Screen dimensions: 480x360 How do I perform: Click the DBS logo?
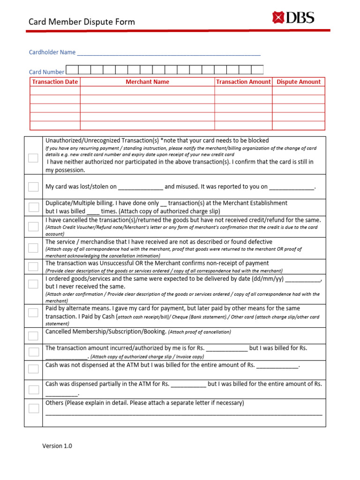click(293, 18)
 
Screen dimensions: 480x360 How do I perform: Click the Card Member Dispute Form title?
click(82, 22)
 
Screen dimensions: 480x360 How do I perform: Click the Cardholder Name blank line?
click(168, 53)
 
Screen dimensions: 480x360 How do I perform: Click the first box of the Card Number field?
click(72, 70)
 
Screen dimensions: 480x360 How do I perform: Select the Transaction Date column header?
click(55, 82)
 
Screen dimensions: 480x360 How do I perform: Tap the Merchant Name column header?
click(147, 82)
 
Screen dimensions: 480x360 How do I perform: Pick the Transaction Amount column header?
click(243, 82)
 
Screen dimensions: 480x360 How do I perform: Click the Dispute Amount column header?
click(299, 82)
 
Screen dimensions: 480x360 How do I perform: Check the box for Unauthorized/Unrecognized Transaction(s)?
click(33, 157)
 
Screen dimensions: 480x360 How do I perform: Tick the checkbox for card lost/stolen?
click(33, 187)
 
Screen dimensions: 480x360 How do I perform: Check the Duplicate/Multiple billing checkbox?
click(33, 207)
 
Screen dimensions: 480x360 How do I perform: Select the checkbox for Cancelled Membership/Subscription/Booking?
click(33, 336)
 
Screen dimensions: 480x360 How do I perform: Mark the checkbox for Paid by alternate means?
click(33, 313)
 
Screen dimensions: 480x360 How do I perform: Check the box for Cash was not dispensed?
click(33, 369)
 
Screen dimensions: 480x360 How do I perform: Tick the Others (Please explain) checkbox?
click(33, 408)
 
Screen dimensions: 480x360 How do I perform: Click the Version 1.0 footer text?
click(57, 446)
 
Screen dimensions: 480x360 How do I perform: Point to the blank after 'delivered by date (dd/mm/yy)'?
click(302, 279)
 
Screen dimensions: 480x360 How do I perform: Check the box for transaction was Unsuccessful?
click(33, 267)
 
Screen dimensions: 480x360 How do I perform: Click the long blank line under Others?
click(184, 414)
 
